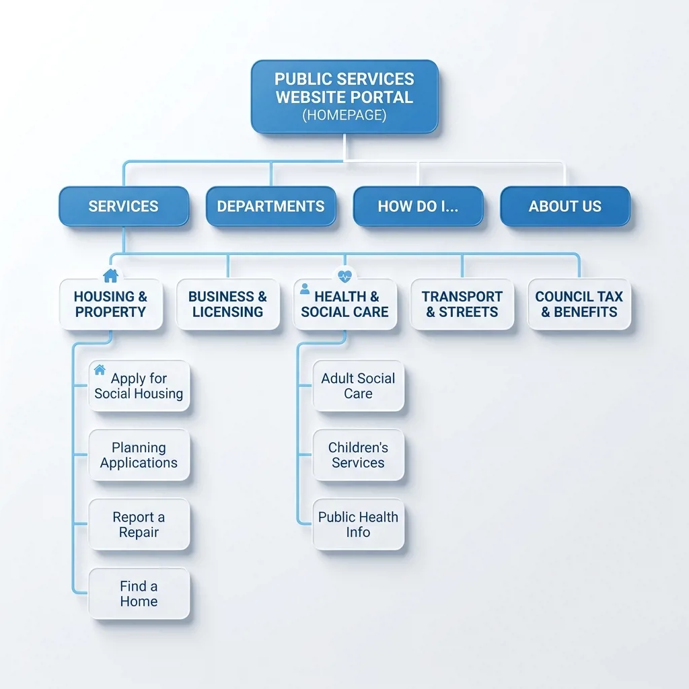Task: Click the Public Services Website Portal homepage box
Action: [344, 97]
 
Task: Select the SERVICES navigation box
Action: [124, 206]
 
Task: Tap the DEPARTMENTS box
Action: [270, 206]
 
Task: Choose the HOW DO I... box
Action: [418, 206]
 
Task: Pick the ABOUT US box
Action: [565, 206]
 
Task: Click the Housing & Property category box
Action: [111, 304]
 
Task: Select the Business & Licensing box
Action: [227, 304]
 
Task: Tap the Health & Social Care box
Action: [345, 304]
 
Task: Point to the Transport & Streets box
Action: [462, 304]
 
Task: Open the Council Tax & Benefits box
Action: [579, 304]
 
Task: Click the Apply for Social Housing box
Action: [139, 386]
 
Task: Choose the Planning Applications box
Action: [139, 455]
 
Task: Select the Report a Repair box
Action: [139, 524]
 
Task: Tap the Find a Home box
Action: [139, 593]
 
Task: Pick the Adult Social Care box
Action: [358, 386]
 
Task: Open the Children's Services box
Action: [358, 455]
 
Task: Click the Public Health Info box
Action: [358, 524]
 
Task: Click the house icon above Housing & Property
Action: [111, 275]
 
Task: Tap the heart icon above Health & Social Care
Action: [345, 276]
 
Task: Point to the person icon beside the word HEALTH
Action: [305, 289]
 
